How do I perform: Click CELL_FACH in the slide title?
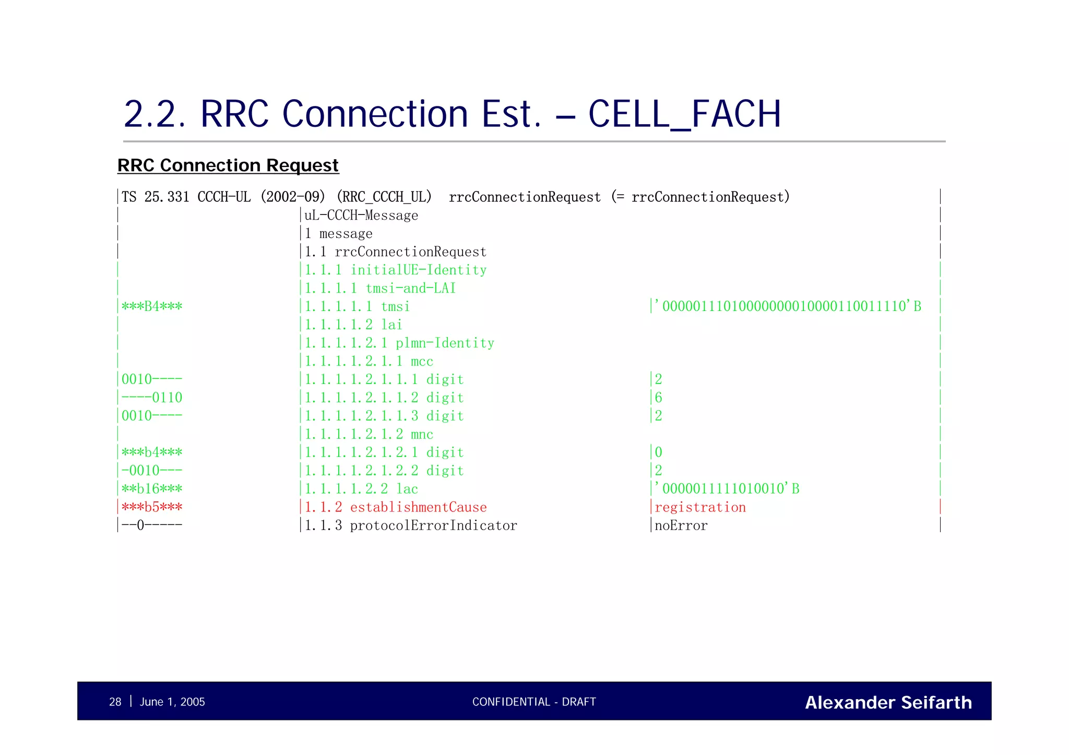tap(684, 114)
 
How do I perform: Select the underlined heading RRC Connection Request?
tap(228, 165)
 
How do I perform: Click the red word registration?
tap(700, 507)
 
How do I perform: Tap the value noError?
tap(681, 525)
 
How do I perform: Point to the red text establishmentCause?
tap(418, 507)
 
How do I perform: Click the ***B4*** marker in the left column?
tap(152, 306)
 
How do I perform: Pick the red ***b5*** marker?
tap(152, 507)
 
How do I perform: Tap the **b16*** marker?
tap(152, 489)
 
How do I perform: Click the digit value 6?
tap(659, 398)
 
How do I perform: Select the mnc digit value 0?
tap(659, 452)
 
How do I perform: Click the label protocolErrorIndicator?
tap(433, 525)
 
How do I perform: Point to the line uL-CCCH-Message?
tap(361, 215)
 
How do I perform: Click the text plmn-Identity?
tap(445, 343)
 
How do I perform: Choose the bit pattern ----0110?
tap(152, 398)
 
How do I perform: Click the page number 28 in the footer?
tap(115, 702)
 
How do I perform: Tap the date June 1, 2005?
tap(172, 702)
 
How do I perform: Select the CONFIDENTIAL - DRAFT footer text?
tap(534, 702)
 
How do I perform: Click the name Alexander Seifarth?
tap(888, 702)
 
